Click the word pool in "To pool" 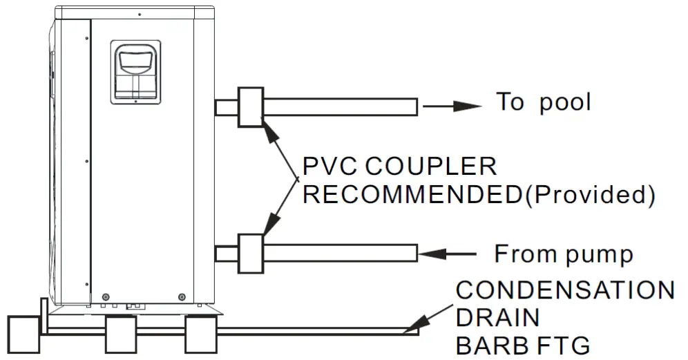(564, 102)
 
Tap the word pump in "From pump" (598, 255)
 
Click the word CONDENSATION (565, 290)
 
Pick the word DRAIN (497, 317)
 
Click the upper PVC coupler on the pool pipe (250, 107)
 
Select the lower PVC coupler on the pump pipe (250, 254)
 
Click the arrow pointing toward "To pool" (452, 106)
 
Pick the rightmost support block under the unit (203, 334)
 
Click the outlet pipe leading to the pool (338, 106)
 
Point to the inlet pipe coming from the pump (338, 254)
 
